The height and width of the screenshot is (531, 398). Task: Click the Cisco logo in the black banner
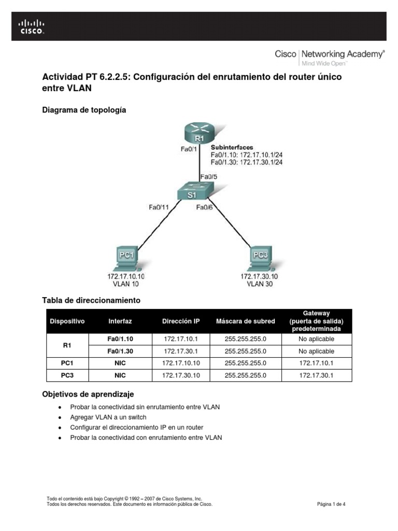point(32,26)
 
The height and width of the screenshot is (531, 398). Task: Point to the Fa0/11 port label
point(159,207)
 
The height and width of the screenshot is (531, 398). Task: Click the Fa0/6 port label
point(205,207)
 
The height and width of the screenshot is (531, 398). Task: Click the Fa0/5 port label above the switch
point(209,176)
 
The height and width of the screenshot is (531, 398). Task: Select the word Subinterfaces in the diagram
point(232,147)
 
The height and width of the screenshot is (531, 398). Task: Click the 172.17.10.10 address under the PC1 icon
point(126,276)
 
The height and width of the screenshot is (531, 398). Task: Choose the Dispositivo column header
point(67,321)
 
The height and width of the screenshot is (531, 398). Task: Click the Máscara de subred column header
point(245,321)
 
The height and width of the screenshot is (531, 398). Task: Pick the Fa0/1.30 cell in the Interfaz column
point(120,351)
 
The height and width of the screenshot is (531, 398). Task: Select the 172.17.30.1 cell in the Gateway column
point(316,375)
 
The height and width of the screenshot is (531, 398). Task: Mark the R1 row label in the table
point(67,345)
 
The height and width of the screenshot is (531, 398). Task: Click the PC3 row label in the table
point(67,375)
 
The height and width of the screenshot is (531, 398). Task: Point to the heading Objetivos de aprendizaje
point(88,395)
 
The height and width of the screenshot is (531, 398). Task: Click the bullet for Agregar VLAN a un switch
point(61,417)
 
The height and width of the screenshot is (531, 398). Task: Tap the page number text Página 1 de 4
point(331,504)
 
